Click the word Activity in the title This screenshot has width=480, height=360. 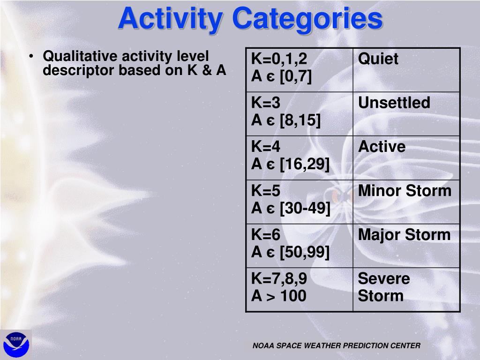pyautogui.click(x=171, y=19)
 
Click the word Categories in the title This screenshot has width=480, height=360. pyautogui.click(x=307, y=19)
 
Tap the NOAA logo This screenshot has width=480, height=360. pyautogui.click(x=16, y=345)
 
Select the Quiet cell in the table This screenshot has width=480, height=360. pyautogui.click(x=406, y=70)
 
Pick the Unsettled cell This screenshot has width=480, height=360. pyautogui.click(x=406, y=114)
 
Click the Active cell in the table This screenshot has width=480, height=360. pyautogui.click(x=406, y=158)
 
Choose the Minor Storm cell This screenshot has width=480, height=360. pyautogui.click(x=406, y=202)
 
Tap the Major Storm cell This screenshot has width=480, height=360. pyautogui.click(x=406, y=246)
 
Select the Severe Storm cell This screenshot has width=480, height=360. pyautogui.click(x=406, y=290)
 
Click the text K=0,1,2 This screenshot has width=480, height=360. pyautogui.click(x=279, y=59)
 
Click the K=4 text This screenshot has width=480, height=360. pyautogui.click(x=265, y=146)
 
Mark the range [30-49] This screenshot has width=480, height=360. pyautogui.click(x=305, y=209)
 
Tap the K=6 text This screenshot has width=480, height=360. pyautogui.click(x=265, y=234)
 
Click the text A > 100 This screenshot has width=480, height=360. pyautogui.click(x=278, y=296)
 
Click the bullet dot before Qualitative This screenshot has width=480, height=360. pyautogui.click(x=31, y=57)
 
